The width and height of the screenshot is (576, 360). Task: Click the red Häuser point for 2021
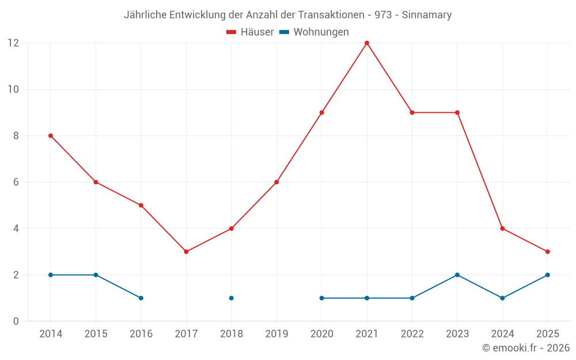(367, 43)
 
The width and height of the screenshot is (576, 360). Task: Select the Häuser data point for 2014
(51, 136)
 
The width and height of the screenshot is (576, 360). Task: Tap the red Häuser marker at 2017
(186, 252)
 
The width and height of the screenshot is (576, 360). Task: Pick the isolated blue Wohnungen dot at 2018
(232, 298)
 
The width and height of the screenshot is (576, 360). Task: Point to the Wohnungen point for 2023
(457, 275)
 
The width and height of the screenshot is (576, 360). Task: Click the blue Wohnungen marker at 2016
(141, 298)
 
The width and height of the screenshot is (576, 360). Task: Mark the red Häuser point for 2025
(548, 252)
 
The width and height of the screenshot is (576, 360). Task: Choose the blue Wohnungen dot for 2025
(548, 275)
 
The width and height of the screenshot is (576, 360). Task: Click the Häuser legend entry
(250, 32)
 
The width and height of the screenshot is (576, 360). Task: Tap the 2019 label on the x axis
(276, 334)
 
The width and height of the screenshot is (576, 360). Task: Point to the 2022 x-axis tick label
(412, 334)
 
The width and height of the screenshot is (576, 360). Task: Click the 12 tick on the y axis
(13, 43)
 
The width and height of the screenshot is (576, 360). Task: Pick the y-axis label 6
(16, 182)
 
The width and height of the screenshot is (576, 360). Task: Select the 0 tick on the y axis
(16, 321)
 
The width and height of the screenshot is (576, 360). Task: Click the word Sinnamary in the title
(427, 15)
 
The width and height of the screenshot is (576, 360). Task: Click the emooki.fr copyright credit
(526, 348)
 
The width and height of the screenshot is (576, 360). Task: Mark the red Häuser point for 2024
(502, 229)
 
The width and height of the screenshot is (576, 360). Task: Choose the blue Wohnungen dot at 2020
(322, 298)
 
